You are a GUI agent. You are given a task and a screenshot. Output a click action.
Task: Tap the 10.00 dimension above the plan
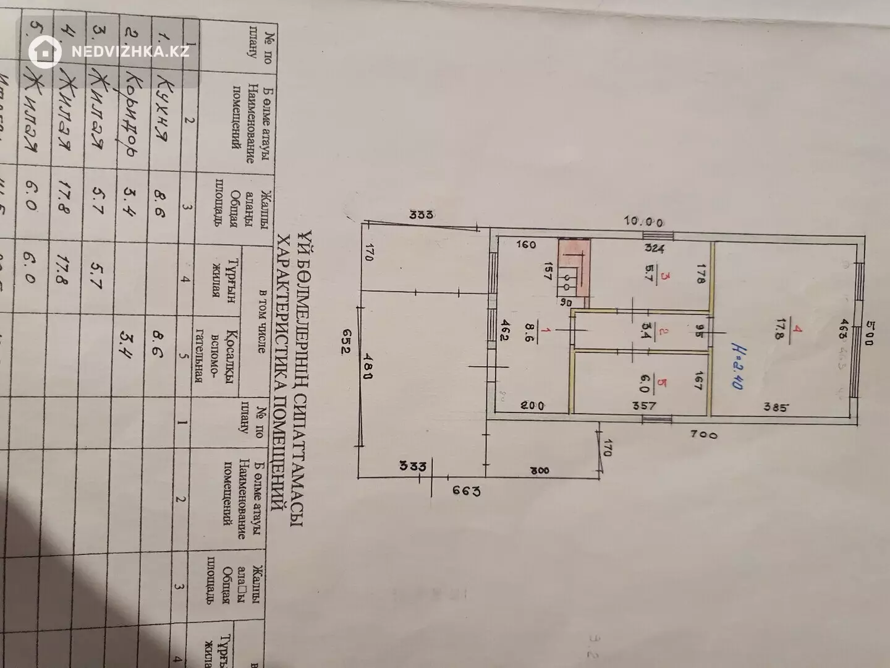click(644, 221)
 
